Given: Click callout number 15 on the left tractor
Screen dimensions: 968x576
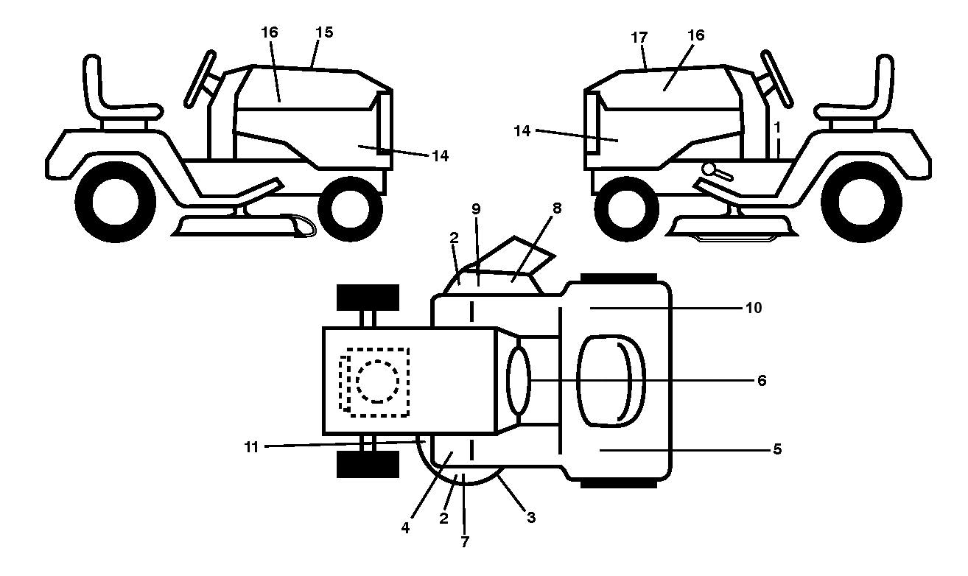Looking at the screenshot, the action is point(324,32).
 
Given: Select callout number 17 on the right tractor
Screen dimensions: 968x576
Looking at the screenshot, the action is point(639,38).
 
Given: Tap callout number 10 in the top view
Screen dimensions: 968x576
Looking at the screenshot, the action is point(754,308).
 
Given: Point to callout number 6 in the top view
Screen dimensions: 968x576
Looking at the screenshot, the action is point(762,381).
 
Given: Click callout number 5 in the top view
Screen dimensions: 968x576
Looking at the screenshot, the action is point(777,449).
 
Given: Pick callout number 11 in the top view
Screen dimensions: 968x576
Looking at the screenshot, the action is point(251,447).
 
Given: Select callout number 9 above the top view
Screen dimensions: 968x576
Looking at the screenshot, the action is point(476,210).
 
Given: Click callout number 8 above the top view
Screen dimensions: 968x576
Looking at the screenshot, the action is point(557,208).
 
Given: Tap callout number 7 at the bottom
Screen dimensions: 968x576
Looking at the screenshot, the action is point(465,542).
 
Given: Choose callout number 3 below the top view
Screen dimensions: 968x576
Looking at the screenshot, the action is point(531,517).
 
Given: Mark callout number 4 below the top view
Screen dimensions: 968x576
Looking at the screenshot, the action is point(405,527).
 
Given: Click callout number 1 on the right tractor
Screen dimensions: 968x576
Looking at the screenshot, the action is point(777,128).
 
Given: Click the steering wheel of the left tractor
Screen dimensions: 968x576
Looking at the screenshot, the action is point(200,79).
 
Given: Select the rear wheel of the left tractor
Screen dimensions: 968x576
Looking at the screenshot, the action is point(116,203).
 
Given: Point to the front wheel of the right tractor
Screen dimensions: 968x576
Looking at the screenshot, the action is point(627,209).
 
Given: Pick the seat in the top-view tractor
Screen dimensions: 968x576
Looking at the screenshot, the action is point(611,381).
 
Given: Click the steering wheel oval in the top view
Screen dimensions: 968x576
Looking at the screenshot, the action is point(519,381).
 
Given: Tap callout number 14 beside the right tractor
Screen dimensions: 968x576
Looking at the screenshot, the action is point(522,131).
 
